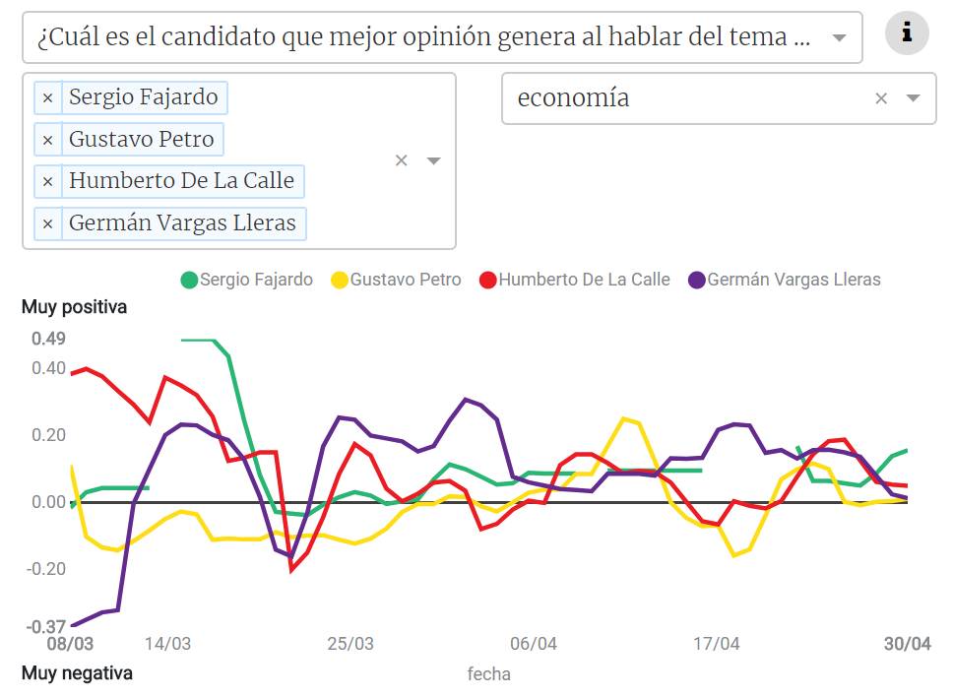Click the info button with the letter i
click(x=907, y=33)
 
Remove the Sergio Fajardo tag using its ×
click(x=47, y=98)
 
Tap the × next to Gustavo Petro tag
click(x=47, y=140)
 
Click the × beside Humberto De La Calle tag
click(x=47, y=181)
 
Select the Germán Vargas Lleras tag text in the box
click(x=182, y=223)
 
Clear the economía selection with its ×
click(x=881, y=98)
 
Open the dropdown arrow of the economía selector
click(x=913, y=98)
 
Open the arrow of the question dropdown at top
click(x=839, y=38)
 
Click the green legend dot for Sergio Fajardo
click(x=189, y=280)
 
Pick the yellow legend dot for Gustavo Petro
click(x=340, y=280)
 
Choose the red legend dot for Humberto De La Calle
click(x=487, y=280)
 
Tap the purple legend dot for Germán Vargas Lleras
click(x=697, y=280)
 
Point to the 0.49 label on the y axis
click(x=48, y=339)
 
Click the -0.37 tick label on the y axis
click(x=46, y=626)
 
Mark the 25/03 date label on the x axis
click(x=350, y=644)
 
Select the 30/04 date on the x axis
click(x=907, y=644)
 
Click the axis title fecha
click(x=488, y=674)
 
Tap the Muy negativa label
click(x=77, y=673)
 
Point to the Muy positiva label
click(x=74, y=307)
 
